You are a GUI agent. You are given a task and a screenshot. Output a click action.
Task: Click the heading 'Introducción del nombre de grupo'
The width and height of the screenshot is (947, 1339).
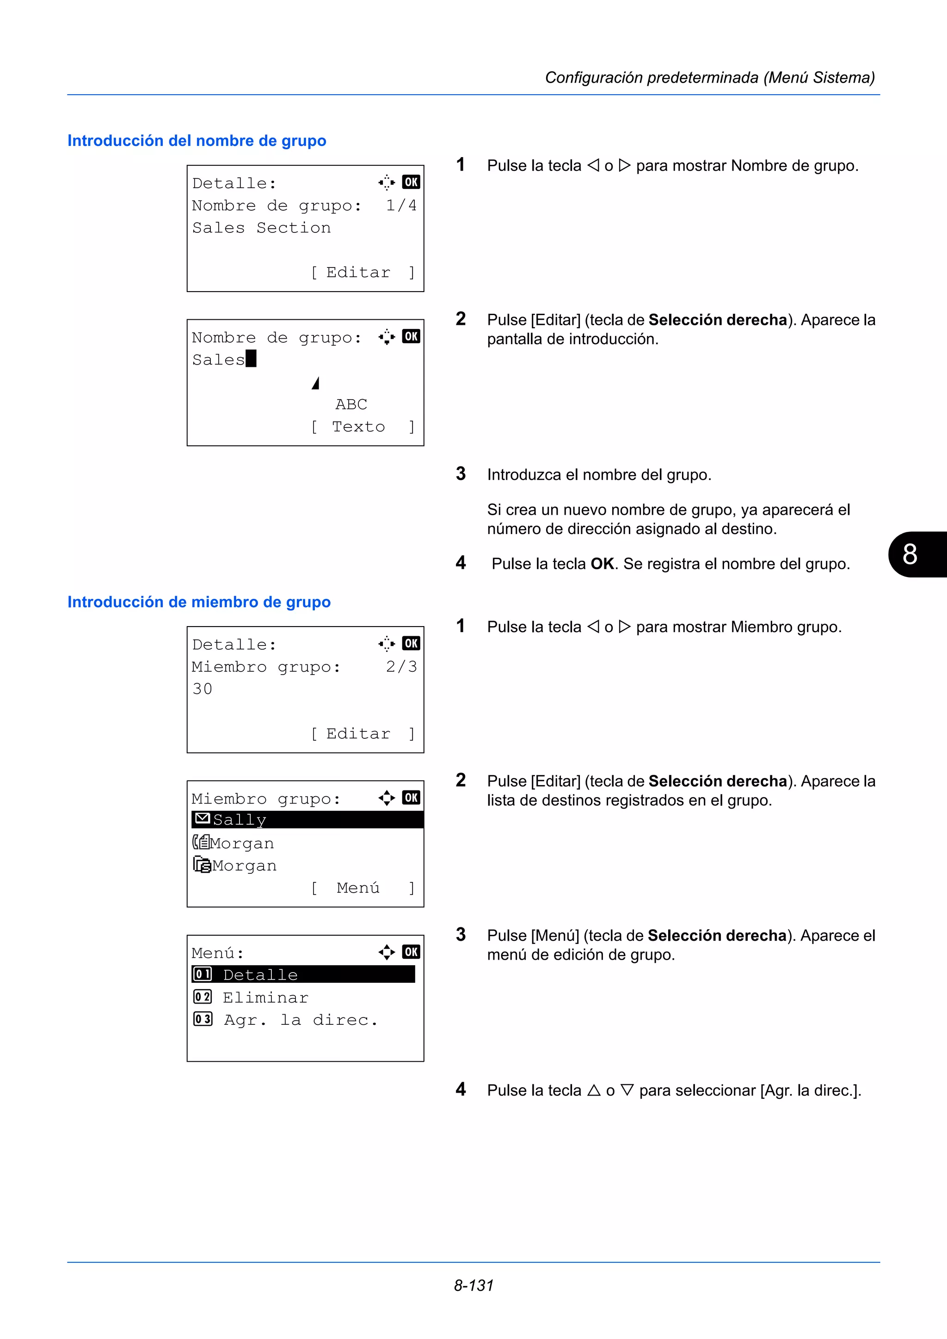point(197,140)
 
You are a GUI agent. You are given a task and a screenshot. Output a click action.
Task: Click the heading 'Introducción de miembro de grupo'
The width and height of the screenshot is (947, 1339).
point(199,602)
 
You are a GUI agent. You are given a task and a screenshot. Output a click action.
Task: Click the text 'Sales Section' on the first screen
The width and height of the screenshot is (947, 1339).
point(261,228)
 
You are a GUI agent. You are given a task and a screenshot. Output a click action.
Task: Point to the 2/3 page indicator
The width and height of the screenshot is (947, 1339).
point(401,667)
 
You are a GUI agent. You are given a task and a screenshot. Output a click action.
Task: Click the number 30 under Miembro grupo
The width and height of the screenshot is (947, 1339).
point(203,689)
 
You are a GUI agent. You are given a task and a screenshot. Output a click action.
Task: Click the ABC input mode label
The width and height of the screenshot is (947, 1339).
point(351,404)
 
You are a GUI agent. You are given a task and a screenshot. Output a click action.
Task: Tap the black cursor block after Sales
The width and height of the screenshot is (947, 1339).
point(251,359)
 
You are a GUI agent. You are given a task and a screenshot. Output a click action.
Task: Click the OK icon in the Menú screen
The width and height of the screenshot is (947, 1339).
point(411,952)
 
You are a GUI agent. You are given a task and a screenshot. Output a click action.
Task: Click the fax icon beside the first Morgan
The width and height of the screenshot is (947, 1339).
point(201,842)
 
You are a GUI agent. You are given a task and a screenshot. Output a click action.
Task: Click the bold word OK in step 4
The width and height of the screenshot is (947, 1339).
point(602,564)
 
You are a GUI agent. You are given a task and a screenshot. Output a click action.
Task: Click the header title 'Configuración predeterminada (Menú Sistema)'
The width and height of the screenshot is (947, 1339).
point(709,78)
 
